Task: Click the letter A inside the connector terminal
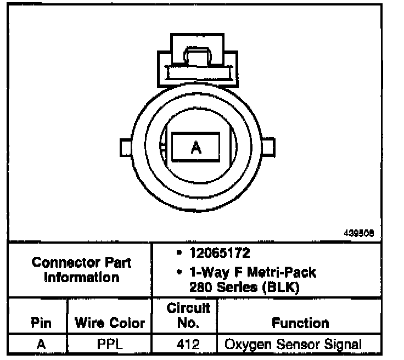tap(196, 148)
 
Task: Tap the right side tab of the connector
tap(268, 147)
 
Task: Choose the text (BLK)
tap(280, 288)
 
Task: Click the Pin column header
tap(40, 323)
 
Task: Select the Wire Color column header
tap(109, 323)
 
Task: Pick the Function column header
tap(301, 323)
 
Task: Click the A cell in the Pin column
tap(40, 345)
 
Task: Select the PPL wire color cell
tap(109, 345)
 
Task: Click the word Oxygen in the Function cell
tap(245, 345)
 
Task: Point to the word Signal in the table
tap(345, 345)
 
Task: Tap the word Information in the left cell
tap(82, 277)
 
